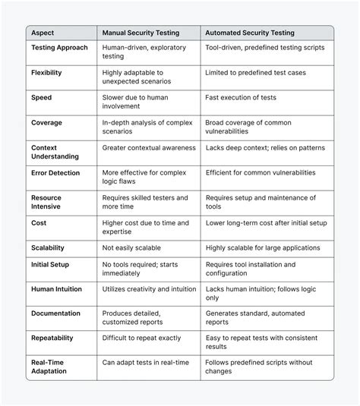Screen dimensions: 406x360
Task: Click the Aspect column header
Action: tap(43, 33)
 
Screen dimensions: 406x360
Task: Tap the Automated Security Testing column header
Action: tap(250, 33)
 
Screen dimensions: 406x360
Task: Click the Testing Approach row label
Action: tap(59, 48)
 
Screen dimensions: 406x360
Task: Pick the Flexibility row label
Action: tap(46, 73)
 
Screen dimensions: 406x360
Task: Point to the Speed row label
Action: tap(42, 98)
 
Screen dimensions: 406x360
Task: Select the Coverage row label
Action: tap(46, 122)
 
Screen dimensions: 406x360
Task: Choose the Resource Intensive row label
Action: tap(46, 203)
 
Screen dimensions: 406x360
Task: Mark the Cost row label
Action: tap(39, 223)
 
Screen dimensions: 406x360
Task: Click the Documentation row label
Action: tap(55, 313)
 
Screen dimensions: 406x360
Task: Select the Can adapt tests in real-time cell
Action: tap(144, 363)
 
